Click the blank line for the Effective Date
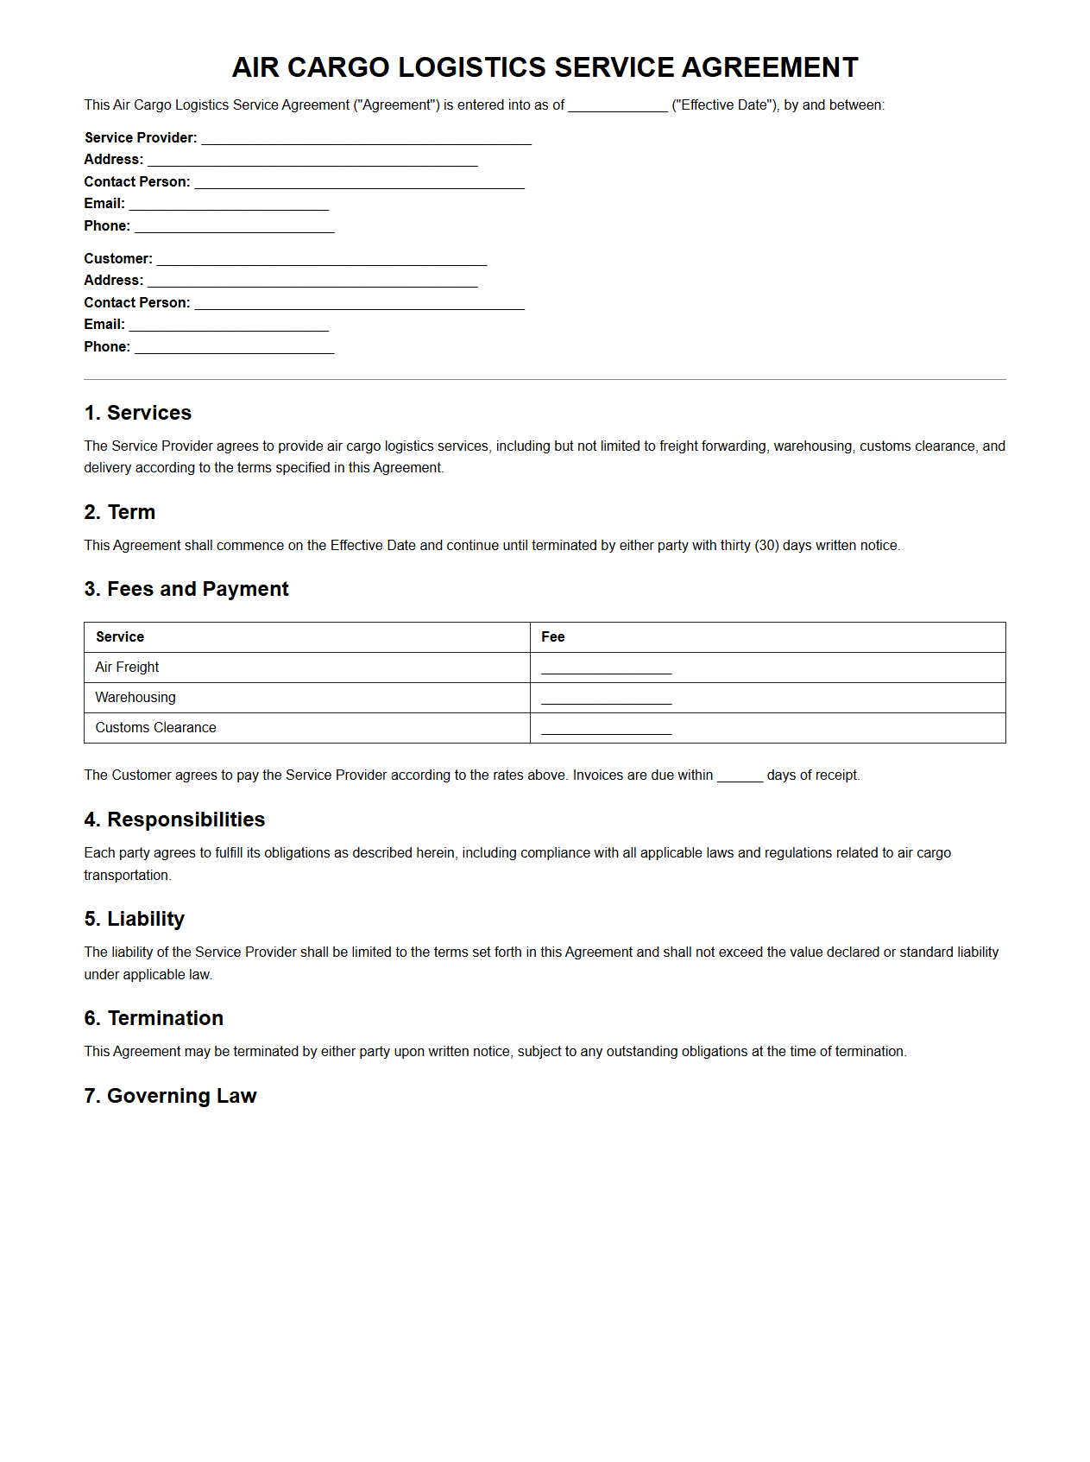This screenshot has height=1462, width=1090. [618, 106]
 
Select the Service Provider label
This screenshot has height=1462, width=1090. [141, 138]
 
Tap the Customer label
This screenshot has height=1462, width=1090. [118, 259]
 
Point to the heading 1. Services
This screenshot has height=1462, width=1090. [138, 413]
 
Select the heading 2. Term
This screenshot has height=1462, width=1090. [120, 512]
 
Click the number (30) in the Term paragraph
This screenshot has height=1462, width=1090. [766, 546]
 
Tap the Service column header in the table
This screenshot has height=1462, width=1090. [120, 637]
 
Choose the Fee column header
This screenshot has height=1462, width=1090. [553, 637]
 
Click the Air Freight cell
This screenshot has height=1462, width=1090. [128, 668]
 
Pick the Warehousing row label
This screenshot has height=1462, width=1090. [135, 698]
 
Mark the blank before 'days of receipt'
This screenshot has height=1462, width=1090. [740, 776]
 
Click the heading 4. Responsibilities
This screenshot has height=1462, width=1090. [174, 820]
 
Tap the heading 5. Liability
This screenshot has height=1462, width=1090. [135, 919]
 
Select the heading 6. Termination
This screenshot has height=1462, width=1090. [154, 1018]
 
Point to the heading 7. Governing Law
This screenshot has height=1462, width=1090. [171, 1096]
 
